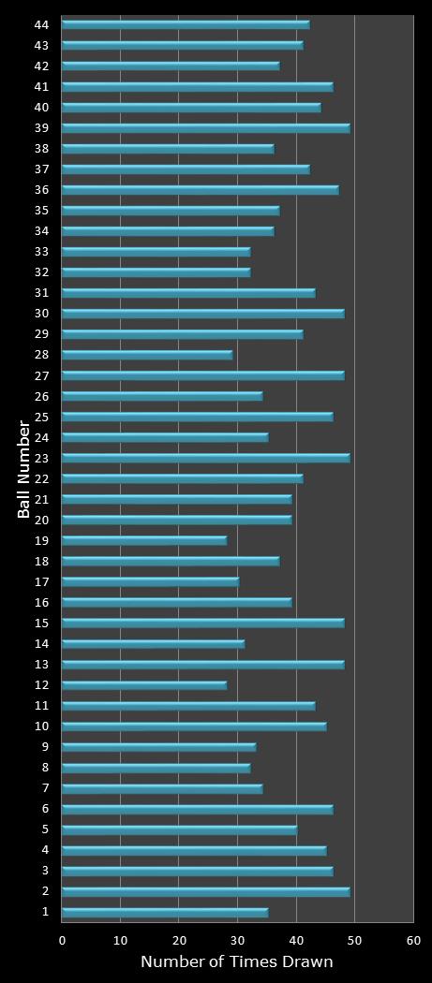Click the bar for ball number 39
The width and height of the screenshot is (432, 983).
point(205,127)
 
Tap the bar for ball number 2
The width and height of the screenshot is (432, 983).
point(205,891)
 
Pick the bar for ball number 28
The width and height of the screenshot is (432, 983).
point(147,355)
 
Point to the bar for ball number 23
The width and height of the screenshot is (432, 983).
point(205,458)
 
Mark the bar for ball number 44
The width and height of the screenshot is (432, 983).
point(186,24)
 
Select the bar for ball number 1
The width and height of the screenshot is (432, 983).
point(165,912)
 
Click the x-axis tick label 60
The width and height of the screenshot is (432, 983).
point(413,940)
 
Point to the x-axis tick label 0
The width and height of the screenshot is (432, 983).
point(63,940)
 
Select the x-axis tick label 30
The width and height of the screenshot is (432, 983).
point(238,940)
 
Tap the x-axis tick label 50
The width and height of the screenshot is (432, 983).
point(354,940)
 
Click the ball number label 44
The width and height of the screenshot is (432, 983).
point(41,24)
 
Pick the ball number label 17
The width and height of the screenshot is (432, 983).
point(41,581)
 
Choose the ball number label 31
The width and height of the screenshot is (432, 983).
point(41,292)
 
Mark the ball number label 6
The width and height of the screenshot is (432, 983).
point(44,809)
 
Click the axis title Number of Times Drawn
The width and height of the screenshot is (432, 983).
point(236,961)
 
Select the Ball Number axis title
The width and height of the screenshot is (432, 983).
point(24,469)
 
